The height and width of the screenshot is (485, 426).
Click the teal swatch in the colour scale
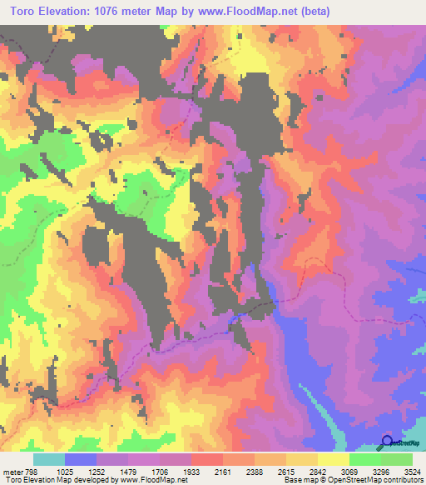[x=49, y=460]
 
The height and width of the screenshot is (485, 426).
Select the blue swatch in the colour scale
[x=81, y=460]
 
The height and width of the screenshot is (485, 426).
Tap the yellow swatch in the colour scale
[x=334, y=460]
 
